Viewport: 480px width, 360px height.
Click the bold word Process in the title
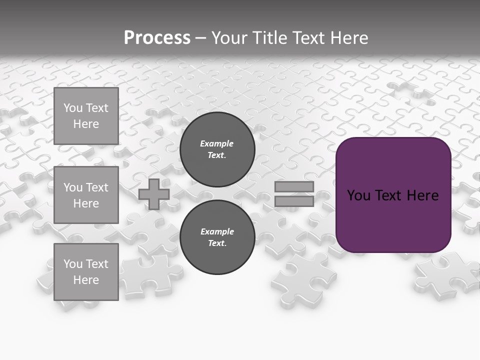click(x=157, y=38)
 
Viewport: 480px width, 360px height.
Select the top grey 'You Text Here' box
click(x=86, y=116)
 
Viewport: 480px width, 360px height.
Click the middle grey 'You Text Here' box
click(x=86, y=195)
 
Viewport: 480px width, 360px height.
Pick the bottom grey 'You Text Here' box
click(x=86, y=271)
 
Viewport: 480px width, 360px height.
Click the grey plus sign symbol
click(x=154, y=194)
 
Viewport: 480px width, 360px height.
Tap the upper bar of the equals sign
click(x=294, y=187)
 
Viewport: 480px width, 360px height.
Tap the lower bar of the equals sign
click(x=294, y=201)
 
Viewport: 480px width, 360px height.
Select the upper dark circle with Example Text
click(x=217, y=149)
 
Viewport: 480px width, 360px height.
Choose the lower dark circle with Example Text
click(x=217, y=237)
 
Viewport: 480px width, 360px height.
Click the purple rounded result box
click(x=393, y=220)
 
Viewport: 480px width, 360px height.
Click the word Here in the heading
click(x=348, y=38)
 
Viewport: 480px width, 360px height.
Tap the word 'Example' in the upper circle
click(x=216, y=143)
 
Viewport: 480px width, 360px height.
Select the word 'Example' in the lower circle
click(x=217, y=231)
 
